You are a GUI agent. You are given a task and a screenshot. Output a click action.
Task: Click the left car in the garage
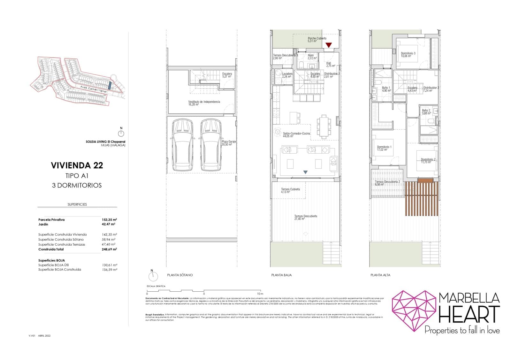[x=182, y=146]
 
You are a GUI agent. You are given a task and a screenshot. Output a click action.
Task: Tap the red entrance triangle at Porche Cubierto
[x=328, y=45]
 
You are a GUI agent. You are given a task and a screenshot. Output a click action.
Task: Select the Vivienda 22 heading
[x=77, y=165]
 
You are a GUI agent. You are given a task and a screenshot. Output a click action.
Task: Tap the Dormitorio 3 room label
[x=408, y=55]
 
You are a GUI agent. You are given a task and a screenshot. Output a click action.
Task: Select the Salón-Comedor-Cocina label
[x=296, y=134]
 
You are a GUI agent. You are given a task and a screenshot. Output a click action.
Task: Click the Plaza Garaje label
[x=229, y=143]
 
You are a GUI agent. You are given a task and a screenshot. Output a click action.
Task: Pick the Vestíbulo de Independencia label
[x=204, y=103]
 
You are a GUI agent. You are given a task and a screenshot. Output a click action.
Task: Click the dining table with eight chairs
[x=324, y=126]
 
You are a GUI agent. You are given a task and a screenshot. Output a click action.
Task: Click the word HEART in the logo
[x=469, y=314]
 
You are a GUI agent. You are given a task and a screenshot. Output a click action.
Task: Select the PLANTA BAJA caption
[x=281, y=275]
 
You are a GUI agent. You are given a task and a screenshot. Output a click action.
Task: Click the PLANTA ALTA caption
[x=380, y=275]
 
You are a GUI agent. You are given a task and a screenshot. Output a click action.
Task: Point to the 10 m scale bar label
[x=260, y=294]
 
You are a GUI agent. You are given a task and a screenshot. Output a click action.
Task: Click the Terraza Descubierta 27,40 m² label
[x=306, y=218]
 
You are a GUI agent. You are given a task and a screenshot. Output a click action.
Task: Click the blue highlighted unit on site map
[x=110, y=86]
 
